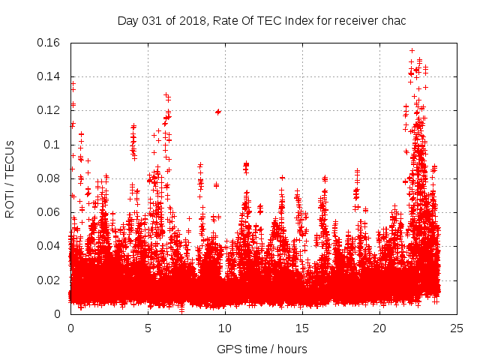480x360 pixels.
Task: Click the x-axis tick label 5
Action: coord(148,328)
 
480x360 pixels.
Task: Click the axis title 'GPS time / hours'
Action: coord(262,349)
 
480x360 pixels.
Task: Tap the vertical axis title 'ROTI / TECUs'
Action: coord(10,178)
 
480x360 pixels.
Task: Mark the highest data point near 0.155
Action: coord(412,51)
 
